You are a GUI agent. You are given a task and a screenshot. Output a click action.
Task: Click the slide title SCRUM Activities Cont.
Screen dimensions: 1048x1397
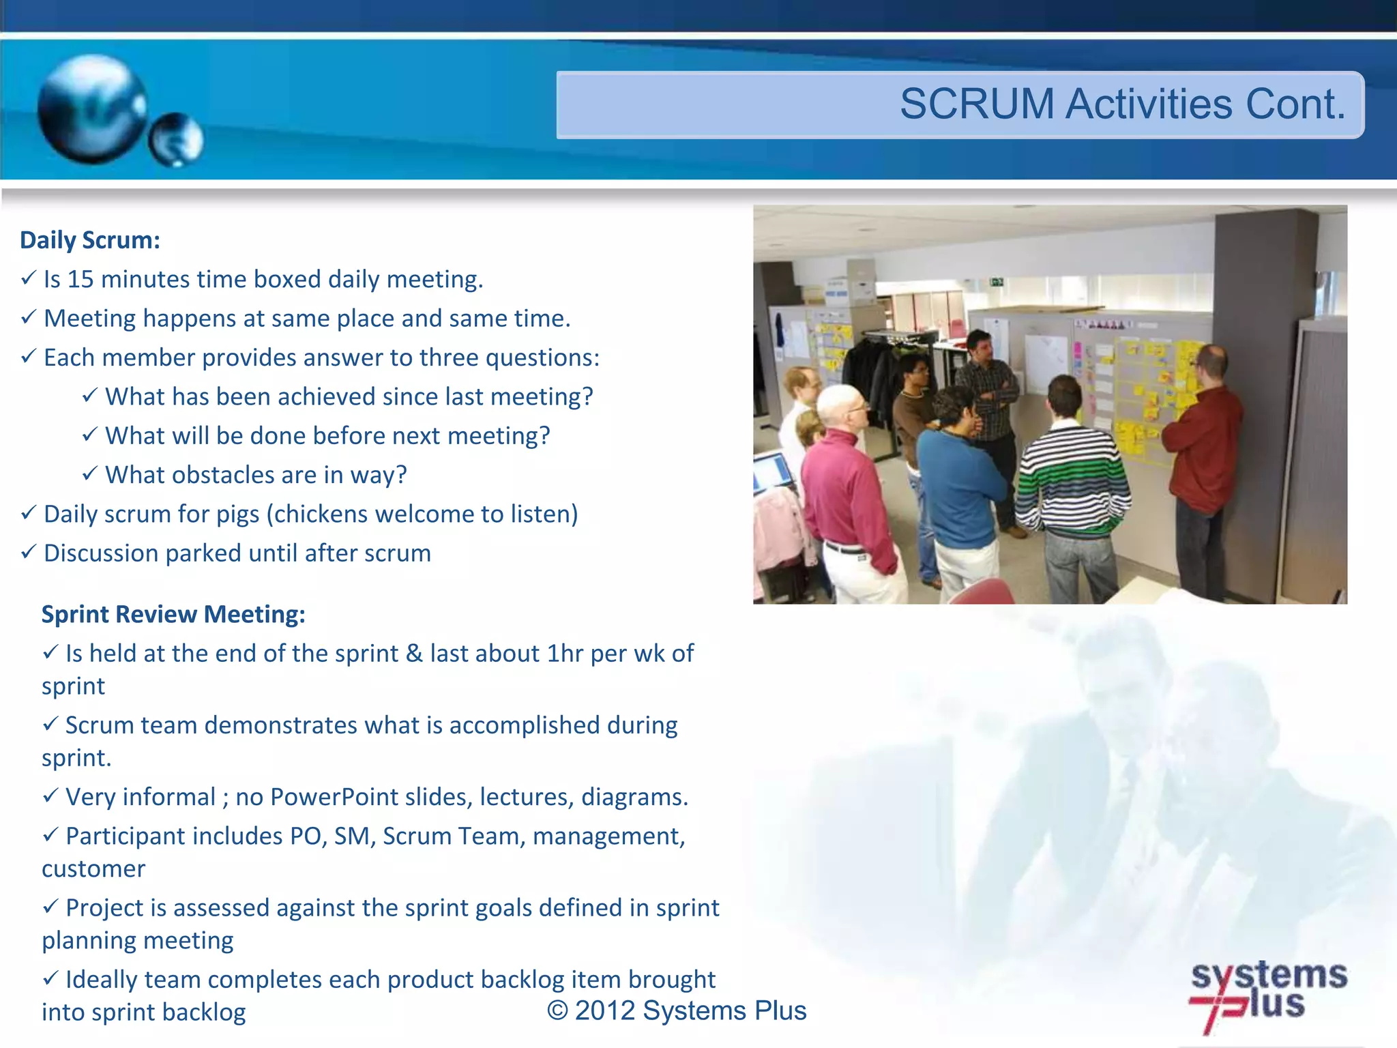click(x=1122, y=104)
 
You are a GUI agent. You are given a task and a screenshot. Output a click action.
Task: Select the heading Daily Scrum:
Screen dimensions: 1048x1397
click(x=89, y=240)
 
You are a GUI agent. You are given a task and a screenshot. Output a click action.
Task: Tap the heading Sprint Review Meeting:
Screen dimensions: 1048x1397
click(x=173, y=614)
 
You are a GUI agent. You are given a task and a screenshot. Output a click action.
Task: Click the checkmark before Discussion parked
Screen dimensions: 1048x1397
click(x=28, y=551)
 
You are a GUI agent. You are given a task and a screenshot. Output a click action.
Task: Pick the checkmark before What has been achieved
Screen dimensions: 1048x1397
click(x=90, y=395)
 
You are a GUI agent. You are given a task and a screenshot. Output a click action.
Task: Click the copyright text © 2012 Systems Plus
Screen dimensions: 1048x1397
click(x=677, y=1010)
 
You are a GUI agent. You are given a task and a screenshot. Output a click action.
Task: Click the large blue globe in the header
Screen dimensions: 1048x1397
click(x=92, y=109)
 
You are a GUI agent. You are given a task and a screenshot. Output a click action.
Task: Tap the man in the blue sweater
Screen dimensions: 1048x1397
click(x=958, y=478)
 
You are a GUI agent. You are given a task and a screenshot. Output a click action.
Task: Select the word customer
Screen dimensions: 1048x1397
click(x=93, y=869)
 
